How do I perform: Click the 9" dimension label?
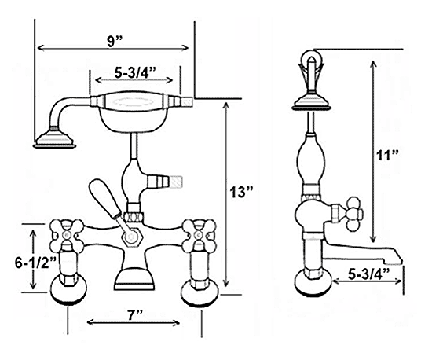[x=115, y=42]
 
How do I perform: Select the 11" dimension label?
[x=388, y=156]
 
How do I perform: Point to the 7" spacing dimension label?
[x=135, y=314]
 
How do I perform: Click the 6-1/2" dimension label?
[x=36, y=263]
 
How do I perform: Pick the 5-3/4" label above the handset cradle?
[x=135, y=73]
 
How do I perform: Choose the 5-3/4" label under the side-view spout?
[x=368, y=274]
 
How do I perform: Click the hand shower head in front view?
[x=54, y=138]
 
